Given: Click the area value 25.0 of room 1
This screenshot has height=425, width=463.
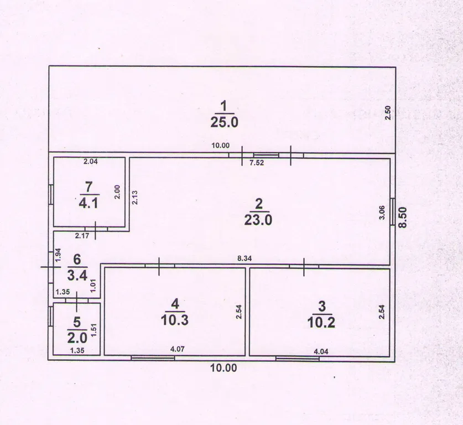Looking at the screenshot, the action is click(x=224, y=122).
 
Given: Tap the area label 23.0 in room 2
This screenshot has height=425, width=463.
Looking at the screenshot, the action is click(x=258, y=220).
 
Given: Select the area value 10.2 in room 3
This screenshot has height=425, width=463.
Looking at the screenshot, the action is click(x=321, y=323).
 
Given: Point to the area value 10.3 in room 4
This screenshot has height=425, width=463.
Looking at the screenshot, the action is click(x=175, y=320).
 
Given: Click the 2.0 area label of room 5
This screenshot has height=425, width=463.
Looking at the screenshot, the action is click(x=77, y=338).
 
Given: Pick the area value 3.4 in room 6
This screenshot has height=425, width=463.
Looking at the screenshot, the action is click(x=77, y=276).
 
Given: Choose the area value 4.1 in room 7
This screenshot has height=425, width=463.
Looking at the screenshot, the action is click(x=89, y=203).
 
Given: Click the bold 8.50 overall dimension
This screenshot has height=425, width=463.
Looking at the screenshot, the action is click(x=403, y=217).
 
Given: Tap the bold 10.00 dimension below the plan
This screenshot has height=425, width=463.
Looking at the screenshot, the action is click(x=223, y=368).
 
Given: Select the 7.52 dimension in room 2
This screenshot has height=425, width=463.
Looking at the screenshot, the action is click(x=257, y=163).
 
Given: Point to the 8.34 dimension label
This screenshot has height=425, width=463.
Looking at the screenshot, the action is click(x=244, y=258).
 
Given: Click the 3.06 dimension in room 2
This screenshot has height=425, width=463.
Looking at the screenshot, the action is click(x=382, y=212).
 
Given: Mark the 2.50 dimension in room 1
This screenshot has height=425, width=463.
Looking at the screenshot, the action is click(x=388, y=113).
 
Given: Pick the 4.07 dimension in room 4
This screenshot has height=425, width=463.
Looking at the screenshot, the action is click(x=178, y=349).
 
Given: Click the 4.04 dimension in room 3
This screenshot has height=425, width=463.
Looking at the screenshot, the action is click(x=321, y=351).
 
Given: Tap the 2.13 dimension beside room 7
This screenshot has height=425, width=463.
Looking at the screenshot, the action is click(x=134, y=198).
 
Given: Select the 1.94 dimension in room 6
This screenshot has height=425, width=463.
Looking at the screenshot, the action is click(x=58, y=255).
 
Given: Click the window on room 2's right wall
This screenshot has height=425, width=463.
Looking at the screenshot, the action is click(x=393, y=211).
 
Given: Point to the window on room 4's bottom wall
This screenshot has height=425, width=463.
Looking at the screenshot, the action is click(x=153, y=358).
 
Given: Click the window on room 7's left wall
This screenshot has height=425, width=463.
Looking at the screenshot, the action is click(x=51, y=194).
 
